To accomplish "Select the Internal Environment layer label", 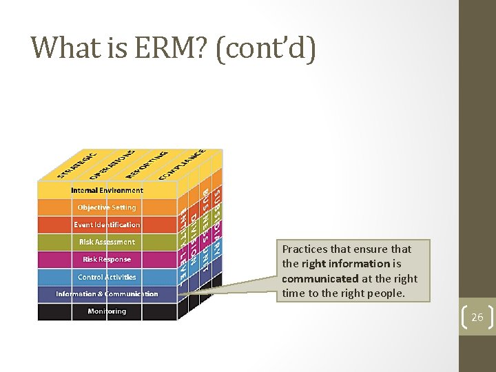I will tap(107, 190).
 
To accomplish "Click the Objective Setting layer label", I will tap(107, 207).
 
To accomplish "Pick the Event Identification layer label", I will tap(107, 225).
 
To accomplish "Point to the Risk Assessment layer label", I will tap(107, 242).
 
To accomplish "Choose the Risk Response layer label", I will tap(107, 260).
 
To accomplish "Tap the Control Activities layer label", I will tap(107, 277).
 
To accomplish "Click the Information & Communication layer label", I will tap(107, 294).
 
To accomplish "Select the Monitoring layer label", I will tap(107, 311).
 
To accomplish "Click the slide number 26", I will tap(477, 318).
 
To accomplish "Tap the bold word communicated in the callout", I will tap(320, 278).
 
